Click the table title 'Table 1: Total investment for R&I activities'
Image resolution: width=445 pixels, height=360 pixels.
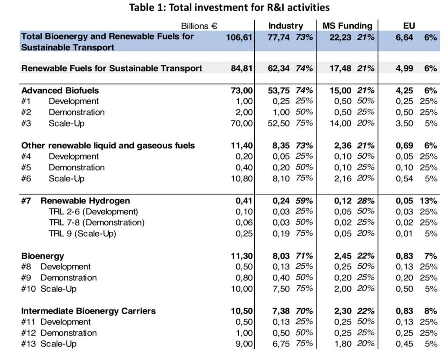(229, 7)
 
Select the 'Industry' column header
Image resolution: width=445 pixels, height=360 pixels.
(286, 26)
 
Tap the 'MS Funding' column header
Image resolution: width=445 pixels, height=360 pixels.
(347, 26)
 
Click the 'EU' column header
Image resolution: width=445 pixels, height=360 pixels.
(409, 26)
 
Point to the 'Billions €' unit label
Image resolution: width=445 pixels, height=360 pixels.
(199, 26)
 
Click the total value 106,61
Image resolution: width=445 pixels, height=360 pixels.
(239, 37)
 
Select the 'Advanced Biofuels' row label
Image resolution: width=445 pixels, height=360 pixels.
(60, 90)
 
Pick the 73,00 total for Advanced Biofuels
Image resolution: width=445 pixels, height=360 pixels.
(242, 90)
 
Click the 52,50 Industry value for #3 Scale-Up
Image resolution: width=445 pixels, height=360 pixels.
(279, 123)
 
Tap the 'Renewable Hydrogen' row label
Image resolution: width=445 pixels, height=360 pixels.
(85, 201)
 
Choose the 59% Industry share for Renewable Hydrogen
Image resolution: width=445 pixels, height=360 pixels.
(304, 201)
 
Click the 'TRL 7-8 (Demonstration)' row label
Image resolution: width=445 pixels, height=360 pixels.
(96, 222)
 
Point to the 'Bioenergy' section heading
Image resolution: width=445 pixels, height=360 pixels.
(43, 256)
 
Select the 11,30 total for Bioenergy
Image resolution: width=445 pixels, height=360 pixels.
(242, 256)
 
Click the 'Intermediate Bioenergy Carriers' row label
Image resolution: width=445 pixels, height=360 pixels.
(89, 311)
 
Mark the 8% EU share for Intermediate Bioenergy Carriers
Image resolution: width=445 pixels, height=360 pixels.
(431, 311)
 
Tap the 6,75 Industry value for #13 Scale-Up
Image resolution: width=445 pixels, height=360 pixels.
(281, 344)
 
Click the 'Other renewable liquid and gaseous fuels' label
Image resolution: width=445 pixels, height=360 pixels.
(108, 146)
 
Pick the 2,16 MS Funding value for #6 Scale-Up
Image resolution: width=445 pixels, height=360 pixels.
(342, 179)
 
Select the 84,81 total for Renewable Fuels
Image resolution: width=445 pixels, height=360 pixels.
(242, 68)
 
